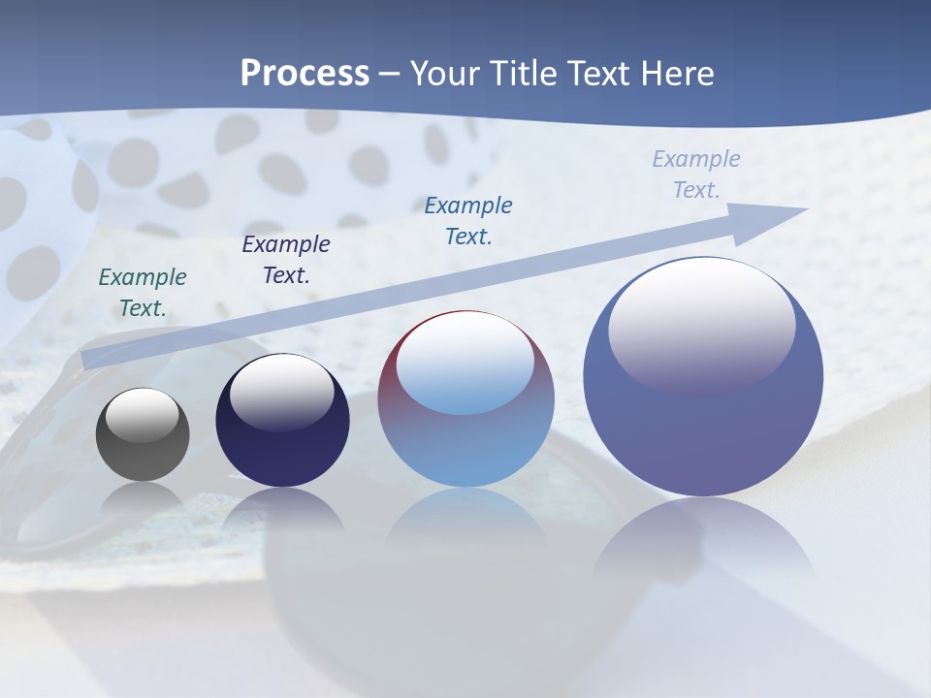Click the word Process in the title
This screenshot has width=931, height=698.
coord(305,74)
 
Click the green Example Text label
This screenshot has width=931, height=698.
coord(143,292)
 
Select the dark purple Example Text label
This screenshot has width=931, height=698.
coord(286,259)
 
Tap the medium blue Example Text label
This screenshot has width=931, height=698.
coord(468,220)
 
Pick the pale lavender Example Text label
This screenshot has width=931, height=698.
coord(696,174)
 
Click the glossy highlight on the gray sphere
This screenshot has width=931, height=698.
coord(143,415)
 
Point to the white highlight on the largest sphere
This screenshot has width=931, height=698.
coord(701,325)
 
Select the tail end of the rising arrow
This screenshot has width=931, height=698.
coord(87,360)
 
